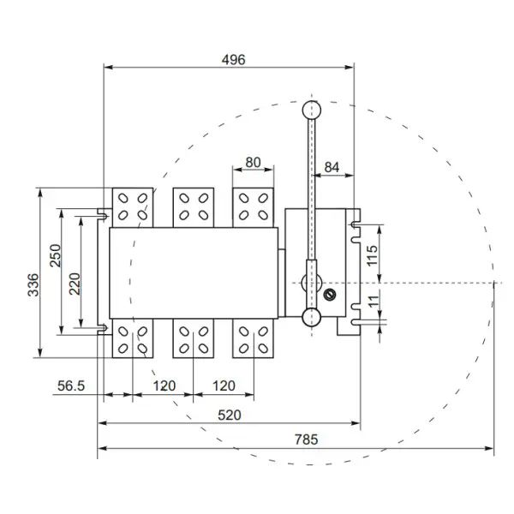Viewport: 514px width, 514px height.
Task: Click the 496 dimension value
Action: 233,60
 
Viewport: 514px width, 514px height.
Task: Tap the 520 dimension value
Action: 228,415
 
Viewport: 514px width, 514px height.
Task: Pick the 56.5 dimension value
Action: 71,386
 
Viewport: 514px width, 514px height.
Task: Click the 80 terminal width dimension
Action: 254,162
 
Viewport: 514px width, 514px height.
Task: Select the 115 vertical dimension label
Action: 372,255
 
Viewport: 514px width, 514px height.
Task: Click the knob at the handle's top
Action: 311,109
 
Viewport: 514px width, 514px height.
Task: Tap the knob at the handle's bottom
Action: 311,319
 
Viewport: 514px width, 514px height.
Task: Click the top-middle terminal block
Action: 193,206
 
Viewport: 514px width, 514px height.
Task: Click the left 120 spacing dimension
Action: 163,386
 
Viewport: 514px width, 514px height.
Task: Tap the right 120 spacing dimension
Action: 224,386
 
